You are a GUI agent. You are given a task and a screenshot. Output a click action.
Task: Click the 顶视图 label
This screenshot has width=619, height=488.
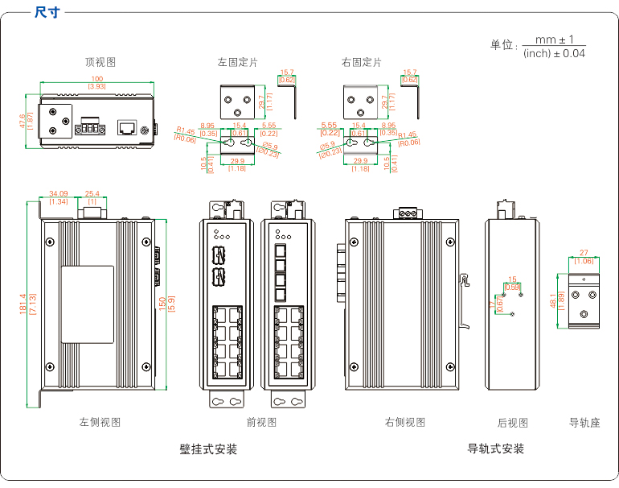point(100,62)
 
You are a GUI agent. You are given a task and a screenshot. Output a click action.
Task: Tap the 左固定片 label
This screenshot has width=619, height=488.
point(237,62)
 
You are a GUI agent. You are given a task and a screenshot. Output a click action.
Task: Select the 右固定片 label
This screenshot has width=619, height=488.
point(361,62)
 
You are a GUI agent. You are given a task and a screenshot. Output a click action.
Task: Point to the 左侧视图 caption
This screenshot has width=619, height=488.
point(100,422)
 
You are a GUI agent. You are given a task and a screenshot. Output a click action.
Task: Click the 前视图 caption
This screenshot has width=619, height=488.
point(261,422)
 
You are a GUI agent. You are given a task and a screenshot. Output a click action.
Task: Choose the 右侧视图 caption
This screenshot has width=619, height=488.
point(404,422)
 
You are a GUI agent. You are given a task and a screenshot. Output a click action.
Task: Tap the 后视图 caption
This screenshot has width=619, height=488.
point(512,422)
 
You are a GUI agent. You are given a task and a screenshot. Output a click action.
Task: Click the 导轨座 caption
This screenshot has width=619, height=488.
point(584,422)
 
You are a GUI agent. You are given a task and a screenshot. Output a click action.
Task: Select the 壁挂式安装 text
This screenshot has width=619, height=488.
point(208,449)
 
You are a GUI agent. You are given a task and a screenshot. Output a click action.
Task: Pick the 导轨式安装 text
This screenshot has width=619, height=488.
point(496,449)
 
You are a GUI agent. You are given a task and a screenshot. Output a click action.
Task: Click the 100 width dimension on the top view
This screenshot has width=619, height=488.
point(96,79)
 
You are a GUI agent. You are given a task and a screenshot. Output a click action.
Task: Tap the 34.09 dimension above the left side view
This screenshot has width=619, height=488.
point(58,193)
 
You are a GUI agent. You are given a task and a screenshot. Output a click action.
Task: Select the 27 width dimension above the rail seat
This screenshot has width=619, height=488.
point(584,253)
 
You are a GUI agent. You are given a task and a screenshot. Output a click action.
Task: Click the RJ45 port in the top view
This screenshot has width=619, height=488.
point(127,127)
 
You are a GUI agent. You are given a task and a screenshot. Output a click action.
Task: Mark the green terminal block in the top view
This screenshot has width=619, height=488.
point(89,128)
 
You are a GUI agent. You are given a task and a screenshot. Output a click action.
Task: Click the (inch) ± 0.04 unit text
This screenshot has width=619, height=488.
point(554,53)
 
